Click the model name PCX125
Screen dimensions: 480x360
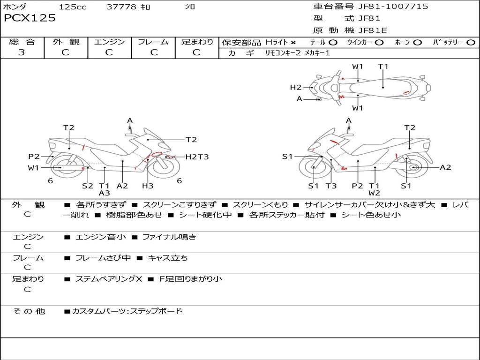point(30,18)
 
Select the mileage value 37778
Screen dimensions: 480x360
point(121,7)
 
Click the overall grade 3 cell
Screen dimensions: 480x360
point(22,52)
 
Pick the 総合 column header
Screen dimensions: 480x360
point(22,42)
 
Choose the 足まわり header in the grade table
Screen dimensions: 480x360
point(197,42)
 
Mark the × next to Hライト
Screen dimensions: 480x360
point(293,43)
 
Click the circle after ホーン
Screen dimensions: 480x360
point(418,43)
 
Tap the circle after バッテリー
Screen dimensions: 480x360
point(471,43)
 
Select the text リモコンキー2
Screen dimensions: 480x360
point(282,53)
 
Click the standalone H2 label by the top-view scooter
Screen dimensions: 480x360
point(295,87)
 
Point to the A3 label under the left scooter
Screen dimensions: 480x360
point(104,193)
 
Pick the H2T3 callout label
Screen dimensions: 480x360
point(197,157)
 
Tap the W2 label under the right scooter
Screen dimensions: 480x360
point(374,193)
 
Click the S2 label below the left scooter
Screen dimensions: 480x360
point(88,186)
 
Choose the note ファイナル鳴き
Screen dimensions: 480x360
point(169,237)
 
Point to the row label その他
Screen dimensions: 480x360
point(29,311)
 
